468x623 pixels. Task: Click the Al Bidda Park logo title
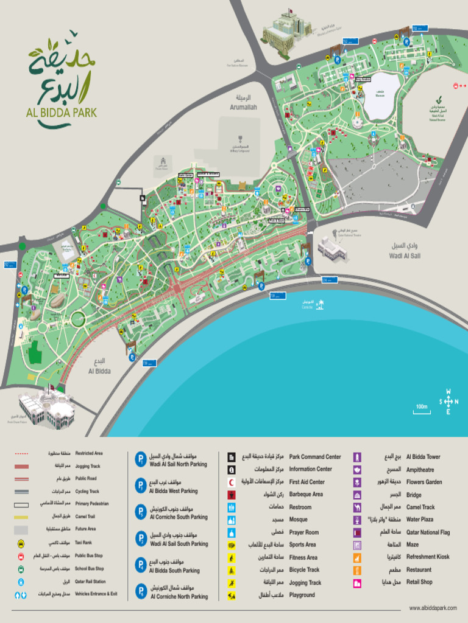point(61,113)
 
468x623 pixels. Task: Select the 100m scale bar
point(422,411)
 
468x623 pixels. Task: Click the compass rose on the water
point(448,401)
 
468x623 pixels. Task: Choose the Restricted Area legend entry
point(88,453)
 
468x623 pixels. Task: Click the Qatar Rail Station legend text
point(90,581)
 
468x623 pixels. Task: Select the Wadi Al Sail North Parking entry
point(178,464)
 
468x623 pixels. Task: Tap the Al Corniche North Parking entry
point(179,597)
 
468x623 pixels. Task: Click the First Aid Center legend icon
point(232,482)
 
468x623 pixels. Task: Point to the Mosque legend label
point(299,520)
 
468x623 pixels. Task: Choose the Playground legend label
point(302,595)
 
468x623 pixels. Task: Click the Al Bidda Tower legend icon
point(357,457)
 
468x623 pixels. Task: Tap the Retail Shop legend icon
point(357,582)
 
